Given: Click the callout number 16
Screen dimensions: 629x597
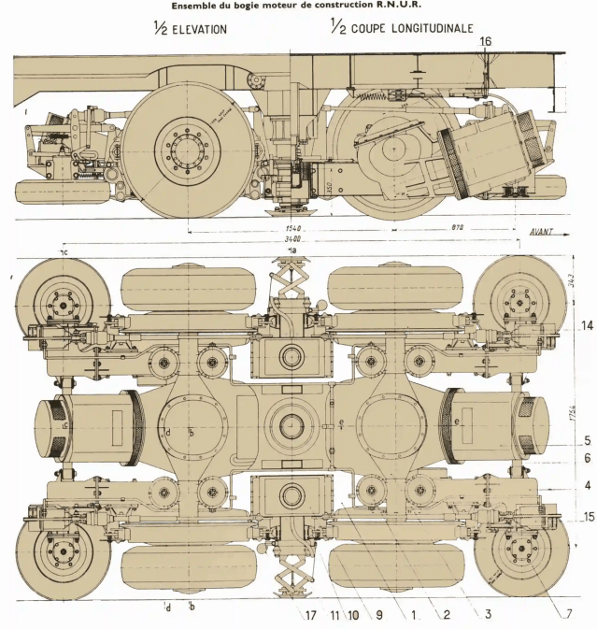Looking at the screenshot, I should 484,41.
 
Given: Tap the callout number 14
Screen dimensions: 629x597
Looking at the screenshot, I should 586,325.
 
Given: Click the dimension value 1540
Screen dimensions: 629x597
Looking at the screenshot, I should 296,227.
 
